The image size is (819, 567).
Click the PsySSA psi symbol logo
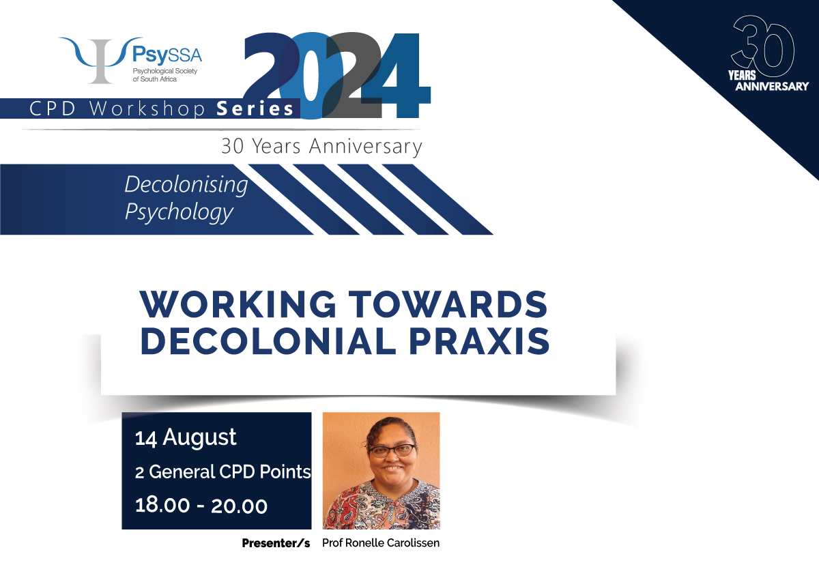pyautogui.click(x=101, y=60)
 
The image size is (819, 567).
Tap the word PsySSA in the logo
pyautogui.click(x=167, y=55)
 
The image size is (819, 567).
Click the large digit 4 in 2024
pyautogui.click(x=396, y=75)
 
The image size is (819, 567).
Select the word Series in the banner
pyautogui.click(x=255, y=109)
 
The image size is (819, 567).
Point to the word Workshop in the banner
pyautogui.click(x=147, y=109)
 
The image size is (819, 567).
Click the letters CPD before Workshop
pyautogui.click(x=53, y=109)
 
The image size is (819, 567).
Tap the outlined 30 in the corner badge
pyautogui.click(x=762, y=46)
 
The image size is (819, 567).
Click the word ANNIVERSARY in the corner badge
pyautogui.click(x=772, y=87)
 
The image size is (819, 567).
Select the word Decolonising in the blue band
pyautogui.click(x=186, y=184)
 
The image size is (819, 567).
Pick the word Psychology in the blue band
pyautogui.click(x=179, y=212)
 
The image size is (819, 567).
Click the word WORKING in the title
pyautogui.click(x=238, y=304)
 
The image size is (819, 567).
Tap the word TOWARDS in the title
pyautogui.click(x=448, y=304)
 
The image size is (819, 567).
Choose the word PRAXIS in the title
pyautogui.click(x=479, y=341)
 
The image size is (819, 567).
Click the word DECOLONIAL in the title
pyautogui.click(x=268, y=341)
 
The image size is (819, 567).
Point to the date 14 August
pyautogui.click(x=186, y=437)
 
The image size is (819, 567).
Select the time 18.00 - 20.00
pyautogui.click(x=201, y=506)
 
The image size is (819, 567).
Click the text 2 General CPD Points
pyautogui.click(x=223, y=472)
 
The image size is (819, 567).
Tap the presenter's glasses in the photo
pyautogui.click(x=392, y=450)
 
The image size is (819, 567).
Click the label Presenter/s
pyautogui.click(x=276, y=543)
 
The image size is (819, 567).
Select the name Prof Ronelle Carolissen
pyautogui.click(x=381, y=543)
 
